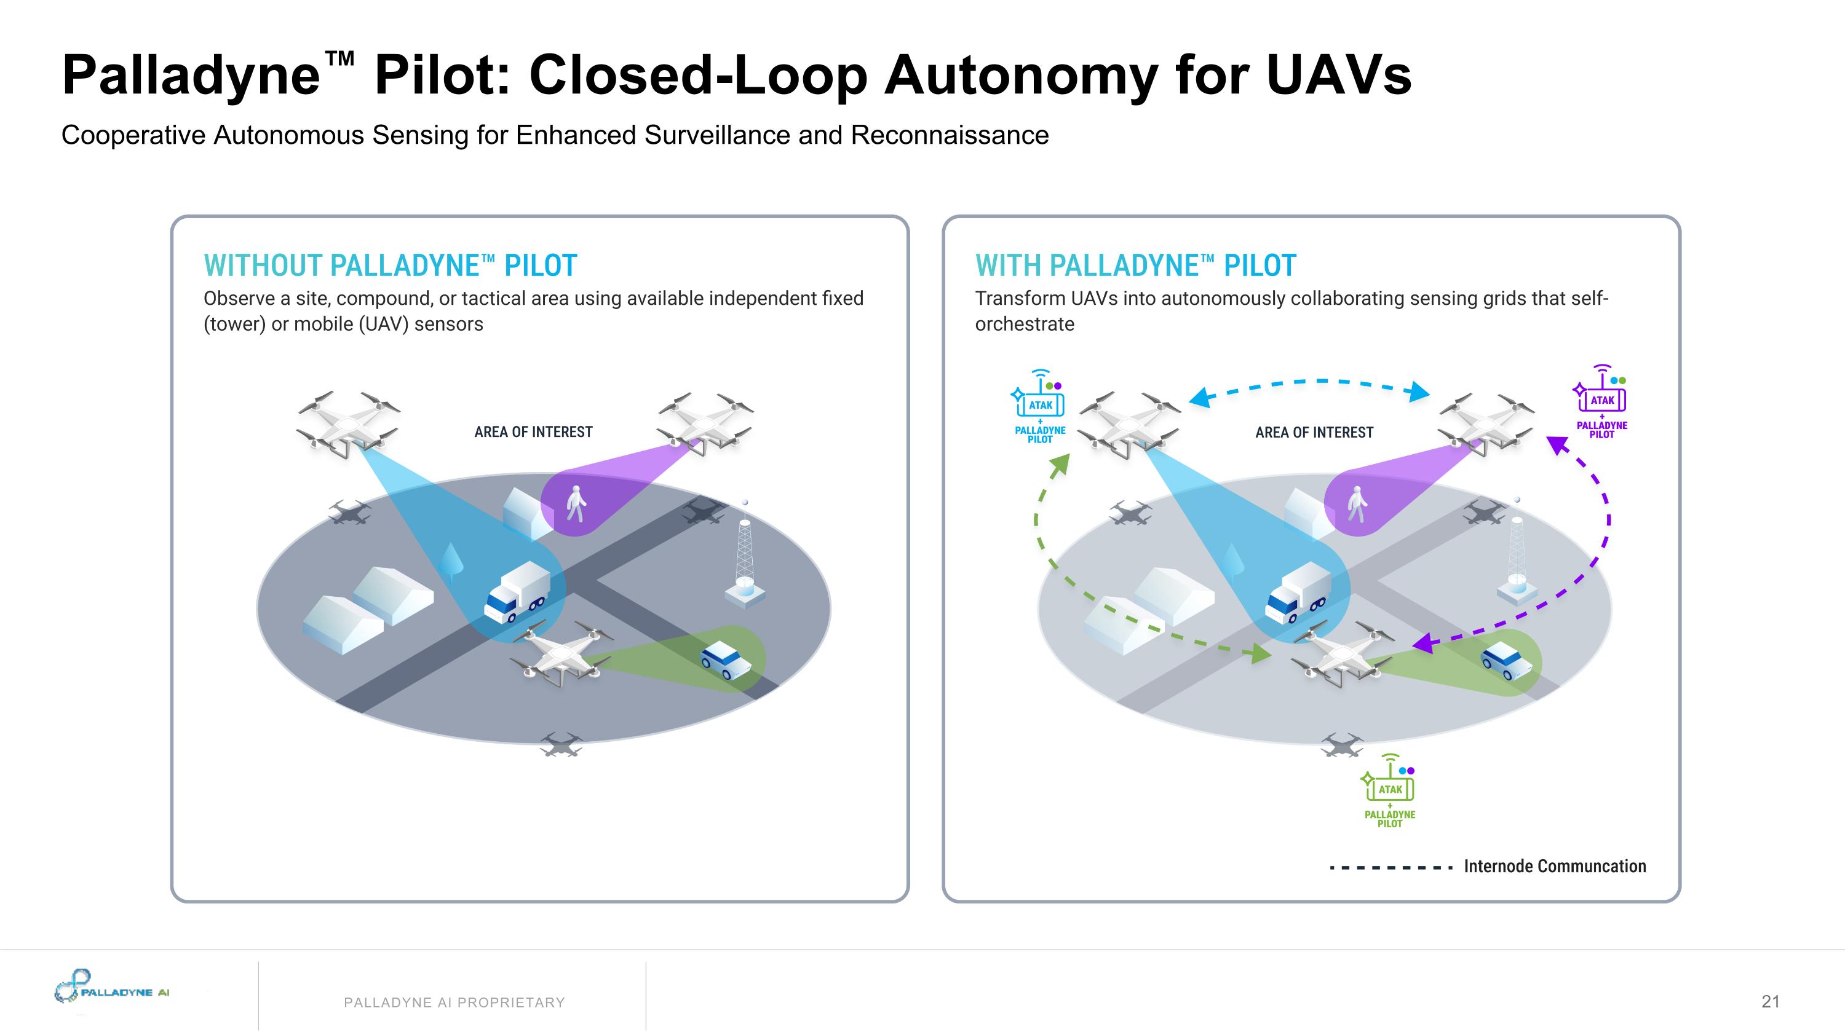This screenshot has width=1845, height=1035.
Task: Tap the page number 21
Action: pos(1771,1001)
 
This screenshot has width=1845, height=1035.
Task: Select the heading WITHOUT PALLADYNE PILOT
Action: pos(391,266)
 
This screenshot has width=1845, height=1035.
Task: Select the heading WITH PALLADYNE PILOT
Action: pos(1135,266)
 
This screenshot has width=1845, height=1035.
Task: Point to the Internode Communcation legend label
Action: pos(1554,867)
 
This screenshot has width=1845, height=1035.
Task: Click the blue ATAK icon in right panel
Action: pos(1040,404)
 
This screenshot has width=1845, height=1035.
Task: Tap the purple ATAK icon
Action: pos(1602,399)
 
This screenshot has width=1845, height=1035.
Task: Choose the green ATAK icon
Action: pos(1390,788)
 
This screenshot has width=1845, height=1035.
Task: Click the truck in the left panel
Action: pos(517,591)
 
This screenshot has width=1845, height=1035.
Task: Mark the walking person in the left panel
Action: pos(576,504)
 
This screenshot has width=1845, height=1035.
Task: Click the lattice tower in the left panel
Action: pos(745,558)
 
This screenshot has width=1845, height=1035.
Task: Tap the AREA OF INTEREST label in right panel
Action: pos(1314,432)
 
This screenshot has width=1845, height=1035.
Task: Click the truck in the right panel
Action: pos(1297,592)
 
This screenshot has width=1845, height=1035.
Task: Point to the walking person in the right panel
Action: pos(1356,504)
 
